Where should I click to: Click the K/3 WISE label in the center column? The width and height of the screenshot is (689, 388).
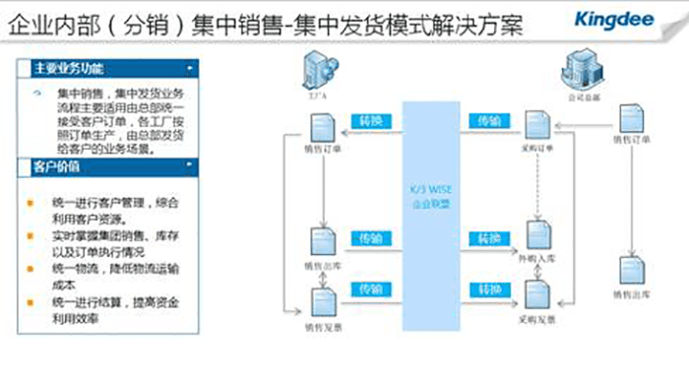[429, 193]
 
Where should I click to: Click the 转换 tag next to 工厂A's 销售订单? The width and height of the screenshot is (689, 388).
[370, 121]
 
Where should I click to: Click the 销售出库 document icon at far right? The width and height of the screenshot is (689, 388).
[628, 270]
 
